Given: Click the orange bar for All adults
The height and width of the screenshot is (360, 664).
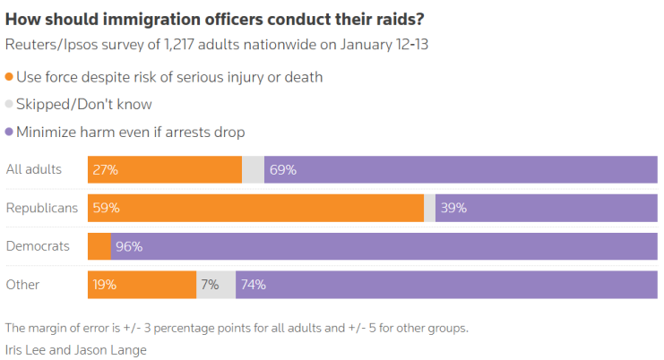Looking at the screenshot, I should (165, 169).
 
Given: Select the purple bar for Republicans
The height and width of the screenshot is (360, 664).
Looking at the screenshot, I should (547, 208).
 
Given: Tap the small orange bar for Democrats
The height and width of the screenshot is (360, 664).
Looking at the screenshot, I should (99, 246).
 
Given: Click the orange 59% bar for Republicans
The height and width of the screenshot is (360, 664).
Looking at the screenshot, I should (255, 208).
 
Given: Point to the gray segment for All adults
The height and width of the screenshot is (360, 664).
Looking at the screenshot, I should (254, 169).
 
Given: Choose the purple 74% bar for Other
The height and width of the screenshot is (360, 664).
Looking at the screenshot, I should (446, 285).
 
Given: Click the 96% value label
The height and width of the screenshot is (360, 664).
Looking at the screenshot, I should (129, 246).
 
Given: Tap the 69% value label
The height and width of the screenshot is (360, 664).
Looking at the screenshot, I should (283, 169).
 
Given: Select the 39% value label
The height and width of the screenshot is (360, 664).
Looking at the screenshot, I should (453, 208).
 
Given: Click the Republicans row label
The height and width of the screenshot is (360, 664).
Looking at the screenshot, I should (42, 208).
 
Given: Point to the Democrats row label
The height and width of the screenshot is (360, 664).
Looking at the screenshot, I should (39, 246).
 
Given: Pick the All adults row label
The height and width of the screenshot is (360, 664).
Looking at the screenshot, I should (33, 169).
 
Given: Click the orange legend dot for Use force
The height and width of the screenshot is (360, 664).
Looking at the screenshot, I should (10, 77).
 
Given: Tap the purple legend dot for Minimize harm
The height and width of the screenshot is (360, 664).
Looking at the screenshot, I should (10, 133).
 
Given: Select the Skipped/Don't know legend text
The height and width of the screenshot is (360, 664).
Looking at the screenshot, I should (84, 105).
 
